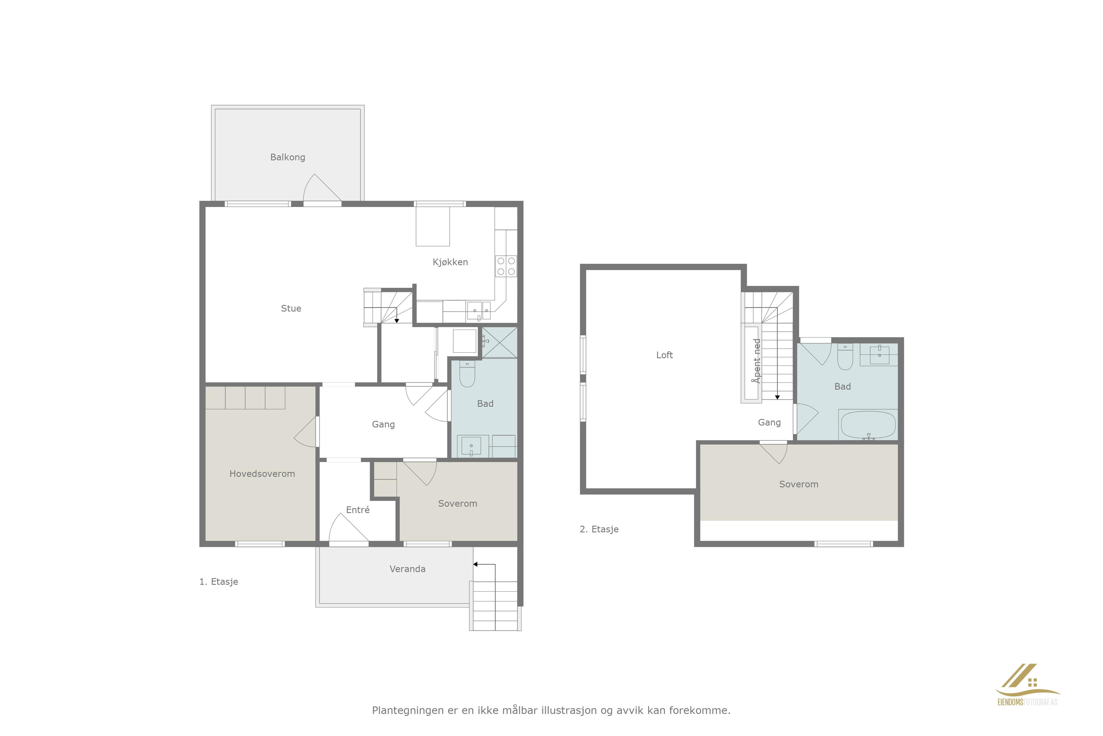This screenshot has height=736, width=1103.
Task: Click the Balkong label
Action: click(288, 157)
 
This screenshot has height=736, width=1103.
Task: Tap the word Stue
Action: click(291, 308)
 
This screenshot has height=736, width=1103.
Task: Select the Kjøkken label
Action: click(450, 262)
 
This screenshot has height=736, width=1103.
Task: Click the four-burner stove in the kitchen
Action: click(506, 266)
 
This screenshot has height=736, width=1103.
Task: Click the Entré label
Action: click(358, 510)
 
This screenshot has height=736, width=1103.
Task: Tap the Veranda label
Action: click(408, 569)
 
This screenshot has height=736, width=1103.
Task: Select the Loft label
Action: click(664, 355)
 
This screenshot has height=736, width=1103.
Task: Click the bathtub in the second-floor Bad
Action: click(868, 425)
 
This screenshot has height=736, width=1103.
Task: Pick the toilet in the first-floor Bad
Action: click(467, 374)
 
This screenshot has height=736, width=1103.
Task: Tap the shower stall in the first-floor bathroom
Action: click(500, 343)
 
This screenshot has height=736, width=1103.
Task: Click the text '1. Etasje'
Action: click(219, 582)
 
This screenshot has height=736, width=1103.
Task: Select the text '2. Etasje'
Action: click(599, 529)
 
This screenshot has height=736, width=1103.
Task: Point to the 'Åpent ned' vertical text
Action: click(756, 361)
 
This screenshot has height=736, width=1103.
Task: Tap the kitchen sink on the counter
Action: click(478, 311)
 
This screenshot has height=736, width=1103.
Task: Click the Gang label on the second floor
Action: click(769, 422)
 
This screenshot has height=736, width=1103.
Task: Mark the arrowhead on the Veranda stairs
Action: click(475, 564)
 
